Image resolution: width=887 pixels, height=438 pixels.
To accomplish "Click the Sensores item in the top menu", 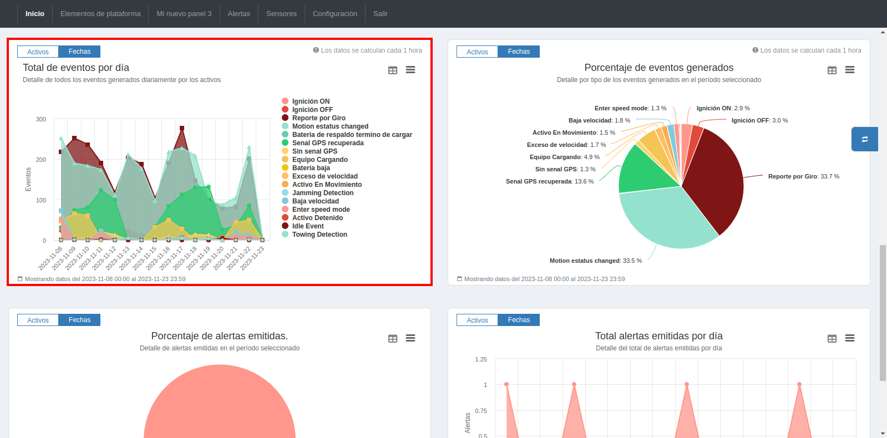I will pyautogui.click(x=281, y=13).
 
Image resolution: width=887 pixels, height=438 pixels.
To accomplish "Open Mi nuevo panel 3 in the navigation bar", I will pyautogui.click(x=184, y=13).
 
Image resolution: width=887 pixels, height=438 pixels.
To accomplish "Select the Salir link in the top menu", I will pyautogui.click(x=380, y=13).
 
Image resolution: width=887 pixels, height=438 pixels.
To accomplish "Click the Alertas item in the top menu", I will pyautogui.click(x=239, y=13).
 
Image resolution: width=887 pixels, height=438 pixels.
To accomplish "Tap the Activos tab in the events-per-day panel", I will pyautogui.click(x=38, y=52).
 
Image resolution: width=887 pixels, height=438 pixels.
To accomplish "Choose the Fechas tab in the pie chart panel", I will pyautogui.click(x=519, y=52).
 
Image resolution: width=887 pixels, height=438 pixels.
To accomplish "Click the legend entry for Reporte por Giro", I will pyautogui.click(x=318, y=118).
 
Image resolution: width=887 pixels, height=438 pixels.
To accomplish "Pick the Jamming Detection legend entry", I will pyautogui.click(x=322, y=193).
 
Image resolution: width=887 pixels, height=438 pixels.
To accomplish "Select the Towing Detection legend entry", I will pyautogui.click(x=320, y=235).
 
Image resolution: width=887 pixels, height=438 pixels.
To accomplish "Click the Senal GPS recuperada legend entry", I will pyautogui.click(x=327, y=143).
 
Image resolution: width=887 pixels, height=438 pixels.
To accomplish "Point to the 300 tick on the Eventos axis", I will pyautogui.click(x=41, y=119).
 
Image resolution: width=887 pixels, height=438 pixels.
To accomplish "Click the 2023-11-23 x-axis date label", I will pyautogui.click(x=253, y=258).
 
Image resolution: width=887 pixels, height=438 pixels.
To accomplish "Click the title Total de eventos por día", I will pyautogui.click(x=76, y=68).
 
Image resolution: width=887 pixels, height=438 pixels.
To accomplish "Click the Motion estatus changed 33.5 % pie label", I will pyautogui.click(x=595, y=261).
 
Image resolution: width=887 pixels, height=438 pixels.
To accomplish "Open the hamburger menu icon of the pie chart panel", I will pyautogui.click(x=849, y=70).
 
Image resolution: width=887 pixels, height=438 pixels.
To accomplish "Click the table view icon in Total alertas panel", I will pyautogui.click(x=832, y=338).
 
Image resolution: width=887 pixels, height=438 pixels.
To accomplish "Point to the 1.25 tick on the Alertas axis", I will pyautogui.click(x=481, y=359).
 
